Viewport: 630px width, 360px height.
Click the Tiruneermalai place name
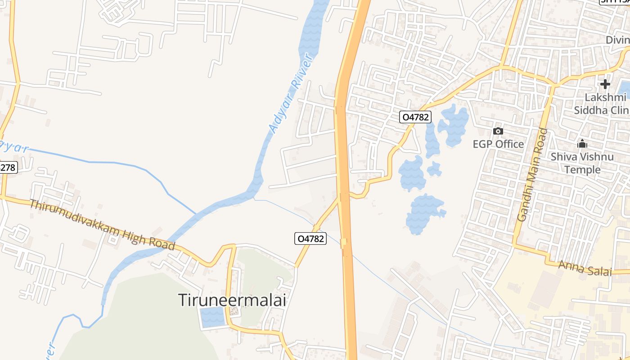pyautogui.click(x=232, y=300)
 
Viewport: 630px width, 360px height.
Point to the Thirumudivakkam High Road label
pyautogui.click(x=102, y=225)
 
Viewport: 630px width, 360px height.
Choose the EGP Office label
pyautogui.click(x=498, y=144)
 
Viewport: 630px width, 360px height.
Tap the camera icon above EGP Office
pyautogui.click(x=498, y=131)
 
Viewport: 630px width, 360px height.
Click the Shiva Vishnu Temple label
pyautogui.click(x=582, y=163)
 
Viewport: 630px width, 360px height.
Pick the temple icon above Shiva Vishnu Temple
pyautogui.click(x=582, y=144)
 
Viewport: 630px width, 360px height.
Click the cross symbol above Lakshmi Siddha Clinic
pyautogui.click(x=605, y=84)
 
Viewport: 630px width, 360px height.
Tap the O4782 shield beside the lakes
pyautogui.click(x=415, y=117)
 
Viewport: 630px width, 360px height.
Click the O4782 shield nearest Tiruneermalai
pyautogui.click(x=310, y=238)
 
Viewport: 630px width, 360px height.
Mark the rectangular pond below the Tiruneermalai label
pyautogui.click(x=212, y=317)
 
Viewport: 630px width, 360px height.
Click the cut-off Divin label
pyautogui.click(x=617, y=40)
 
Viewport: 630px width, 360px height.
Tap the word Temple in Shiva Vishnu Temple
pyautogui.click(x=582, y=170)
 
